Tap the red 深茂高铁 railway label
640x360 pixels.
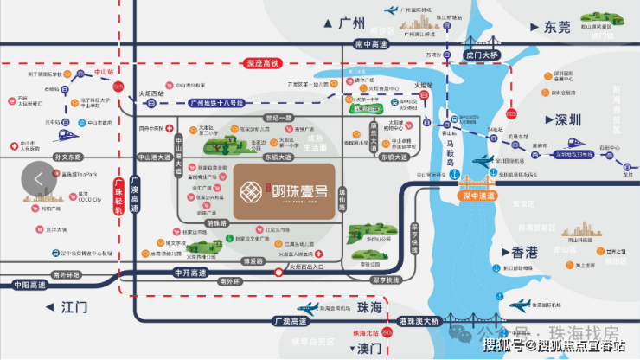click(x=261, y=62)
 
